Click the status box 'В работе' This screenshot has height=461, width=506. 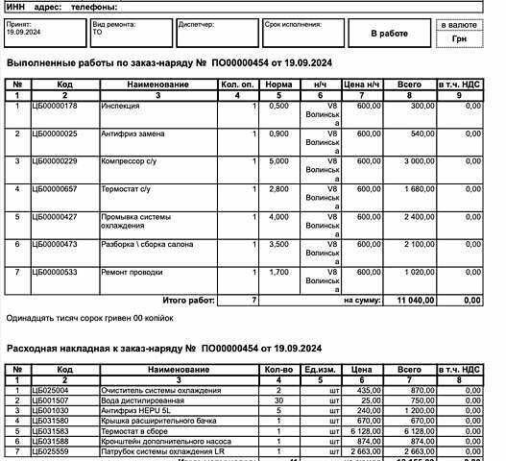[x=390, y=33]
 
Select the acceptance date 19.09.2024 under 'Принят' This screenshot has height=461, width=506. [x=24, y=32]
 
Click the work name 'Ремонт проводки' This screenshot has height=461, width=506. [x=132, y=273]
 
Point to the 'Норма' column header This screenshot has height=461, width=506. [x=277, y=85]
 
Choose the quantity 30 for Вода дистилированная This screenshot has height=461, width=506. [x=277, y=400]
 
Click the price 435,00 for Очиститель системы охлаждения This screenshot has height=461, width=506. [x=359, y=391]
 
